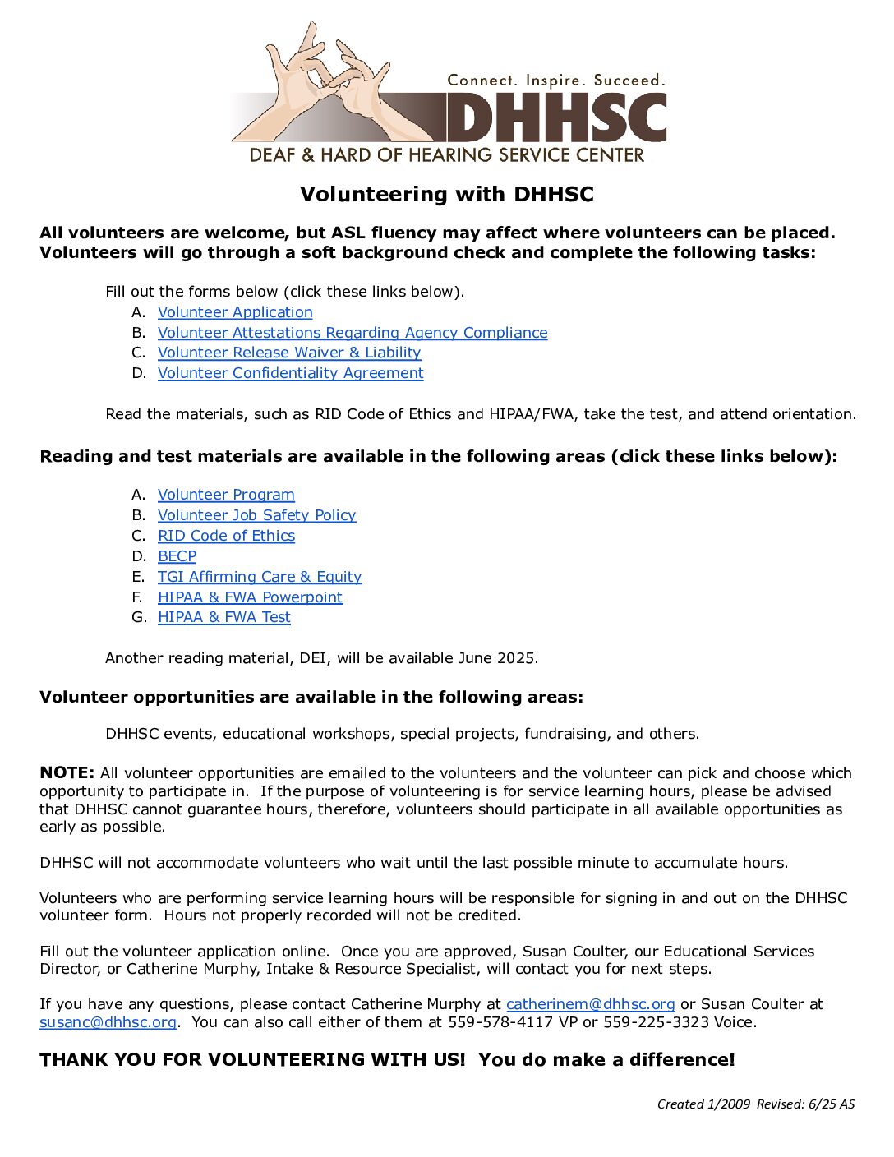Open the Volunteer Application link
pyautogui.click(x=235, y=312)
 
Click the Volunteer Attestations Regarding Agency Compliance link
pyautogui.click(x=353, y=333)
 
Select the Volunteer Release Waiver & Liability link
pyautogui.click(x=289, y=353)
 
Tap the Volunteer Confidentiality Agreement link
pyautogui.click(x=291, y=373)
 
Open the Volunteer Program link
pyautogui.click(x=226, y=495)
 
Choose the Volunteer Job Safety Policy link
pyautogui.click(x=257, y=515)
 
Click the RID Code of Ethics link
pyautogui.click(x=226, y=536)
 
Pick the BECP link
pyautogui.click(x=177, y=556)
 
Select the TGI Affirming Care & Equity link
pyautogui.click(x=260, y=577)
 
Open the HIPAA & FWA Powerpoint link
pyautogui.click(x=250, y=597)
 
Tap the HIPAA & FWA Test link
pyautogui.click(x=224, y=617)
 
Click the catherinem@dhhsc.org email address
pyautogui.click(x=590, y=1004)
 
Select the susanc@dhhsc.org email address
pyautogui.click(x=108, y=1022)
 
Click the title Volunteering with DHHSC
pyautogui.click(x=446, y=195)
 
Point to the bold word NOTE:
pyautogui.click(x=67, y=773)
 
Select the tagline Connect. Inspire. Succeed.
pyautogui.click(x=555, y=81)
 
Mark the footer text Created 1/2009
pyautogui.click(x=703, y=1104)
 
